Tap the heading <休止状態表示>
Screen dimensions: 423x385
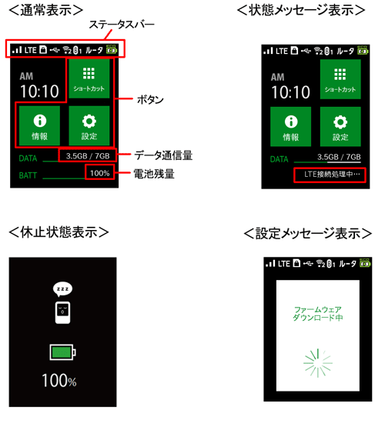(x=59, y=231)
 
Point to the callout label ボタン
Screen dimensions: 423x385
(x=149, y=100)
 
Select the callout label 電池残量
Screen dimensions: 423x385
(x=152, y=173)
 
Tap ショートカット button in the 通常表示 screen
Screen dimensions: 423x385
(x=89, y=78)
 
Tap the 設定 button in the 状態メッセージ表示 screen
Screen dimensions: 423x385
(x=340, y=127)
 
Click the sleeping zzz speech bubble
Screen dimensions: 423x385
(x=63, y=289)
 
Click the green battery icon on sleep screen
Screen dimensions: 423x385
(x=63, y=353)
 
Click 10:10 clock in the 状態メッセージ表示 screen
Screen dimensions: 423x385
(x=290, y=93)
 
